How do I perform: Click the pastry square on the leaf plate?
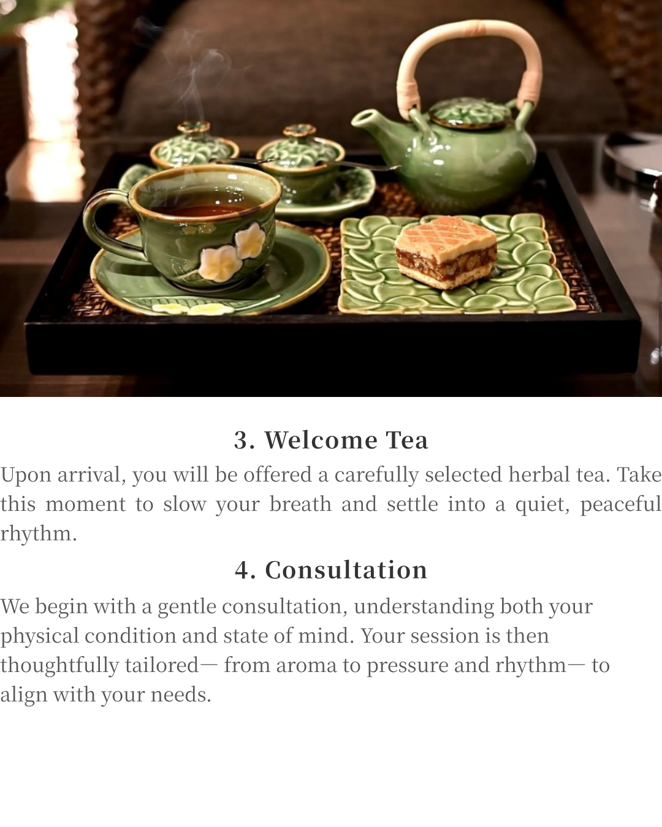(x=446, y=252)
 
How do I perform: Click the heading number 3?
(x=245, y=440)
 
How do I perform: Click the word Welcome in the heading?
(x=321, y=440)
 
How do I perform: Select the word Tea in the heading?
(x=407, y=440)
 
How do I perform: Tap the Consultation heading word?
(x=346, y=570)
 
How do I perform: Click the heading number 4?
(x=245, y=570)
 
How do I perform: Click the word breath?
(x=300, y=504)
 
